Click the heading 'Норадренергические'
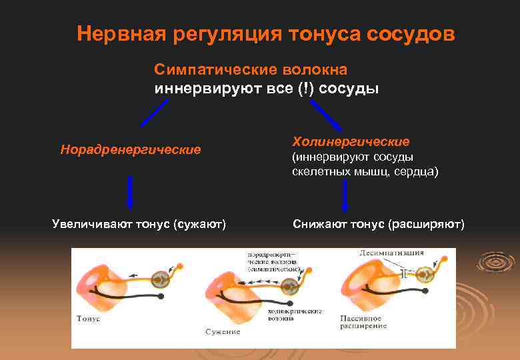(x=130, y=149)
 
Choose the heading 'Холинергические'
(x=351, y=142)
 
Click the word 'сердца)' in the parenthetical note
(x=417, y=171)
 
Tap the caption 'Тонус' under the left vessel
(x=88, y=319)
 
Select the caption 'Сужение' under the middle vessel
(x=223, y=331)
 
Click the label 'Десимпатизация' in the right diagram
(x=390, y=253)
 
